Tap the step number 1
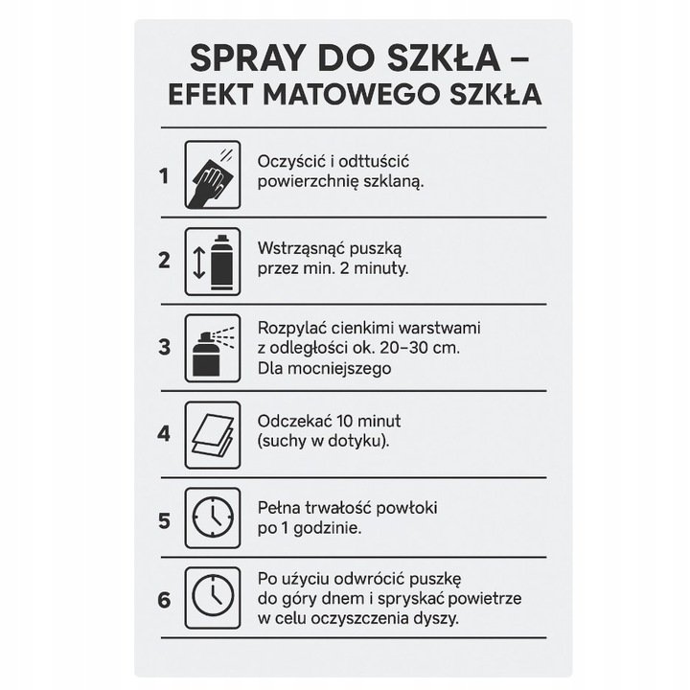[164, 176]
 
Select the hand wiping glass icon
[212, 175]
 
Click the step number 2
[164, 260]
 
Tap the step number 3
[164, 347]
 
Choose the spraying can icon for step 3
[212, 347]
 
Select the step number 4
[164, 433]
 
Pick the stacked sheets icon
[212, 433]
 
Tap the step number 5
[164, 520]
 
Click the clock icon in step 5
[212, 520]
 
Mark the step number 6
[164, 600]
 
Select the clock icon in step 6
[212, 597]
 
